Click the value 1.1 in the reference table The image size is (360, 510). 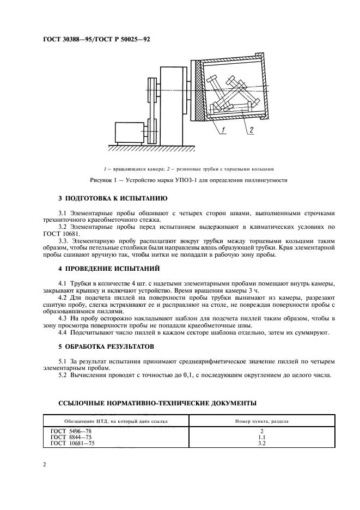[261, 437]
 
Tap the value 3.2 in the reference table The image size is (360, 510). [261, 443]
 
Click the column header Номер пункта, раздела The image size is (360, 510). [261, 421]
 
